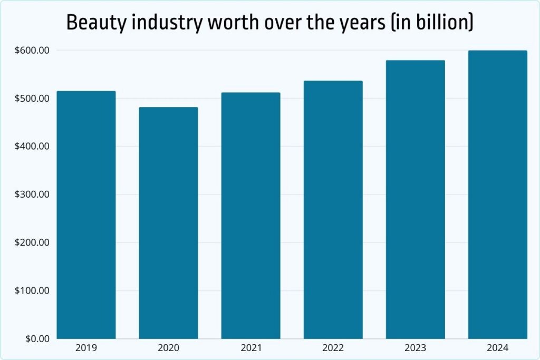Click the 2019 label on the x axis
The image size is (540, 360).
click(86, 348)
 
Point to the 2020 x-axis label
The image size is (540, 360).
click(168, 348)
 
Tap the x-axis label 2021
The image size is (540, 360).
click(250, 348)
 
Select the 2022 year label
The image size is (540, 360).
click(333, 348)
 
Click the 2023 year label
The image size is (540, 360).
click(415, 348)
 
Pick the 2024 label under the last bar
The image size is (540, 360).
click(497, 348)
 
